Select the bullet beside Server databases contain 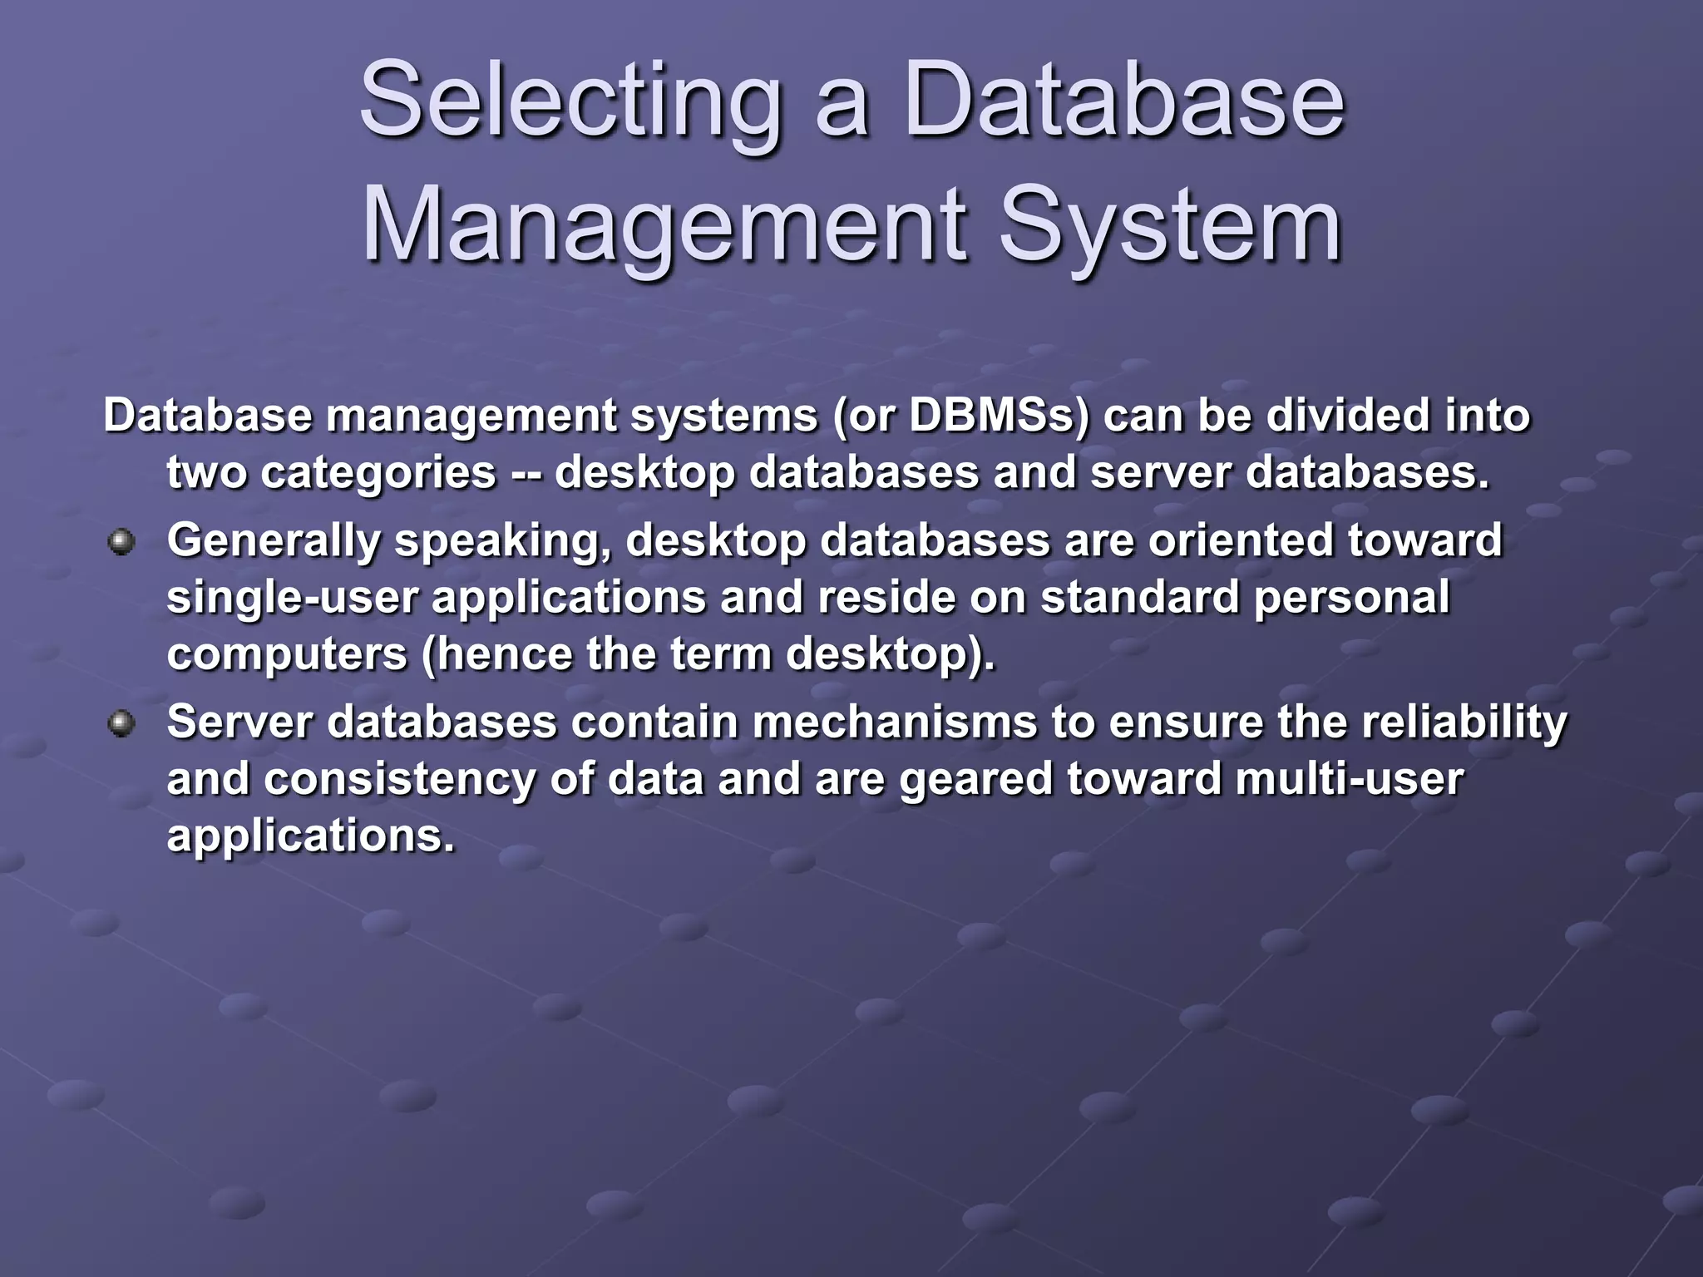click(x=121, y=723)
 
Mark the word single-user click(x=292, y=598)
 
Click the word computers click(x=287, y=654)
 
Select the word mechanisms click(x=895, y=722)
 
